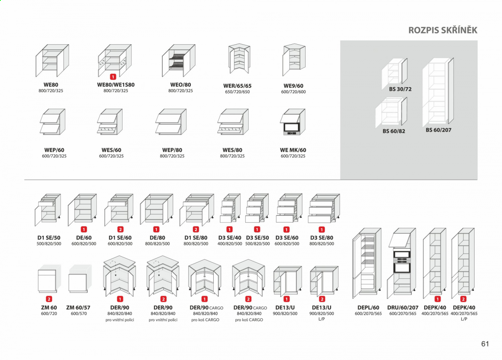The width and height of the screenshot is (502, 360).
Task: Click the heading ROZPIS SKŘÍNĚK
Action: (443, 30)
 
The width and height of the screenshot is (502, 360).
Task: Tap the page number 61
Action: (485, 344)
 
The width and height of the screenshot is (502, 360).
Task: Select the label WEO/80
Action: (180, 85)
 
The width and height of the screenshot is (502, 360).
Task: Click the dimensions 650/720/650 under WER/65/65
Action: (237, 92)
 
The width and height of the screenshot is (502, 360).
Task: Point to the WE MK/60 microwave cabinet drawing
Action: (293, 122)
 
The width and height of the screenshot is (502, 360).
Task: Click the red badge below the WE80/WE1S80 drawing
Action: (113, 77)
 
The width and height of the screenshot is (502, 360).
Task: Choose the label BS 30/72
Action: (400, 89)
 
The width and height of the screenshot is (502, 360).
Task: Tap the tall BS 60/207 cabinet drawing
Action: (438, 92)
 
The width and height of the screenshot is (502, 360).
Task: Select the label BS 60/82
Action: (394, 131)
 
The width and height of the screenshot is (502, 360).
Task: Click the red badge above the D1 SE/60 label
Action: (120, 229)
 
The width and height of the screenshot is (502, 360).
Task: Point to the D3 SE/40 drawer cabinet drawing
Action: (230, 208)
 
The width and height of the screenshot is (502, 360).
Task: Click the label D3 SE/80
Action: (322, 237)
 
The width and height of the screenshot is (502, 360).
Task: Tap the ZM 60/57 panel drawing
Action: (80, 278)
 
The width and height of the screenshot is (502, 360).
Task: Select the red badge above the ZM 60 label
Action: (49, 299)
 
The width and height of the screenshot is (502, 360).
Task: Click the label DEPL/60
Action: (368, 307)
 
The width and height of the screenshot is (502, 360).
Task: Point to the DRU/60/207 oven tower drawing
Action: (402, 263)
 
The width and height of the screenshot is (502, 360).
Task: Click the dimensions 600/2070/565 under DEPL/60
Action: (368, 314)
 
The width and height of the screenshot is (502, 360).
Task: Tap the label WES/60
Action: (111, 150)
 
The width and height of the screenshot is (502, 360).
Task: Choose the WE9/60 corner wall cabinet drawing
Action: (294, 59)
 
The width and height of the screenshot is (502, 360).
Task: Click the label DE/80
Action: (157, 237)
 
